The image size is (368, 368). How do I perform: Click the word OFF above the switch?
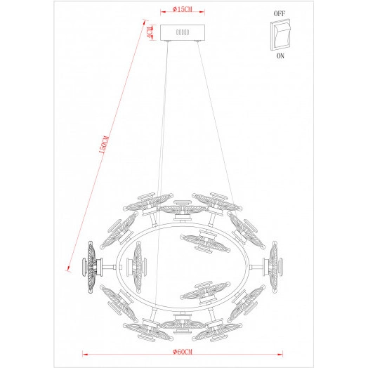[x=279, y=13]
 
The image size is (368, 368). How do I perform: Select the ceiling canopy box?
[x=183, y=33]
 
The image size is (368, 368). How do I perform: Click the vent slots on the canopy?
[x=183, y=32]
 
